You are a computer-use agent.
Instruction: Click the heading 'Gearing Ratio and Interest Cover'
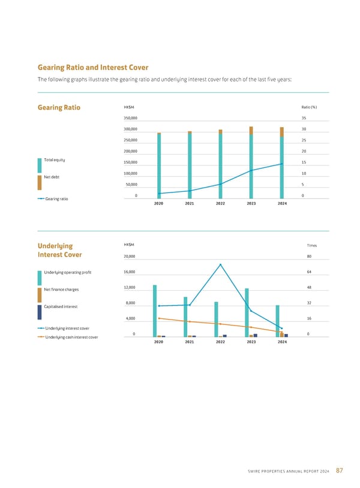92,67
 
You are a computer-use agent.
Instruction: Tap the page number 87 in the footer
340,471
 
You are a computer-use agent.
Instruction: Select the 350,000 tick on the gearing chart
130,118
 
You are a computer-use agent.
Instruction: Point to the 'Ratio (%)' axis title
309,107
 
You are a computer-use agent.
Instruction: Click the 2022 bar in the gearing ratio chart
220,165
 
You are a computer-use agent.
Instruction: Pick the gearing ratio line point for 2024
281,164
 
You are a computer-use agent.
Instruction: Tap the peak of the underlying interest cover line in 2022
220,264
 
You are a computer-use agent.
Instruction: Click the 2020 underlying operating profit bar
155,311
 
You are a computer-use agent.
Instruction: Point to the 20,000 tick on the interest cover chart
130,257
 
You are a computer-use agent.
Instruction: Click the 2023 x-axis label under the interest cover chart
251,342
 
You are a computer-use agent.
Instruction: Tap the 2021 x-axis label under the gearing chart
190,204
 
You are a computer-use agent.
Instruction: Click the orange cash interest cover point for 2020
159,318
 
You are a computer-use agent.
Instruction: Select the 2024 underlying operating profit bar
277,321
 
